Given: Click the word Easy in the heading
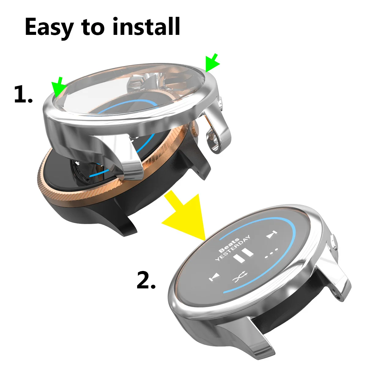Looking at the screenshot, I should pos(49,27).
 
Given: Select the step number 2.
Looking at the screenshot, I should pos(146,280).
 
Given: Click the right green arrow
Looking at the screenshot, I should pos(213,63).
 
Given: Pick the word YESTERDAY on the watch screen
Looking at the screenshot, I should pos(232,248).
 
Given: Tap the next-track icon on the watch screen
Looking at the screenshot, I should pos(271,235).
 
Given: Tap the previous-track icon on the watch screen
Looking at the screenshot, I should pos(214,278).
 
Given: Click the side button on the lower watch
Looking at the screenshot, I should pos(334,242).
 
